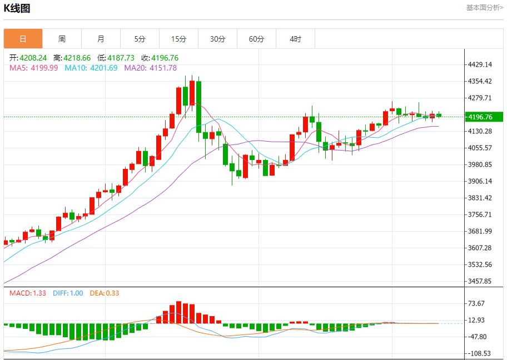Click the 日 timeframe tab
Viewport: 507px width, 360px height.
(x=23, y=39)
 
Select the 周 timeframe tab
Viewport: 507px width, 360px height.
(x=62, y=39)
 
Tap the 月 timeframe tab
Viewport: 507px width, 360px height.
(x=101, y=39)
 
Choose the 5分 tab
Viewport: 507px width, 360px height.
(x=140, y=39)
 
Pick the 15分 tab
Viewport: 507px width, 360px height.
(x=178, y=39)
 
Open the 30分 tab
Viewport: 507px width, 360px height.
(x=217, y=39)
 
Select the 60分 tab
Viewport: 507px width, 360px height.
(x=256, y=39)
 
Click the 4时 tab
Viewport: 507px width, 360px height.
(x=295, y=39)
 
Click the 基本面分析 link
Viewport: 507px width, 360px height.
(x=484, y=8)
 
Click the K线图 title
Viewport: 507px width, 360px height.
(x=17, y=8)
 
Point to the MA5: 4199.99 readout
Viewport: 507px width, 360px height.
(x=33, y=68)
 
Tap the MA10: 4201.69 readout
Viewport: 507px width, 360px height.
(x=91, y=68)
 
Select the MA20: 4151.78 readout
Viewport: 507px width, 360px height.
(x=150, y=68)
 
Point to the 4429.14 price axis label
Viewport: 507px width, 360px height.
(x=480, y=64)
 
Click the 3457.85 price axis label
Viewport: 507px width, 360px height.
(x=480, y=281)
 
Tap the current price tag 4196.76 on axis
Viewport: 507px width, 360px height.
(x=480, y=117)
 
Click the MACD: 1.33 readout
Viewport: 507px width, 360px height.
(x=28, y=293)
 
